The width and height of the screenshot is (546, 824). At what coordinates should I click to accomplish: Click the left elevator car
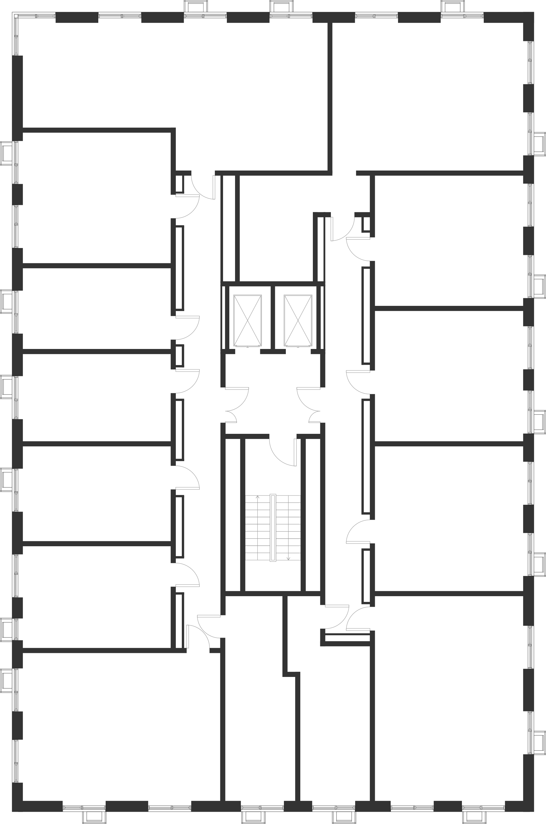click(247, 321)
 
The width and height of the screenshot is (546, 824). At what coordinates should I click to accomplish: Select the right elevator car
click(297, 321)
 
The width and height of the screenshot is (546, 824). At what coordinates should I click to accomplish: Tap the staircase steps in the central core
click(273, 527)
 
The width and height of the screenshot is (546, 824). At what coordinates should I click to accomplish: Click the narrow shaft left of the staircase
click(233, 515)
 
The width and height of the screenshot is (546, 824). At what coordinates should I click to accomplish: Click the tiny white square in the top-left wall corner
click(16, 16)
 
